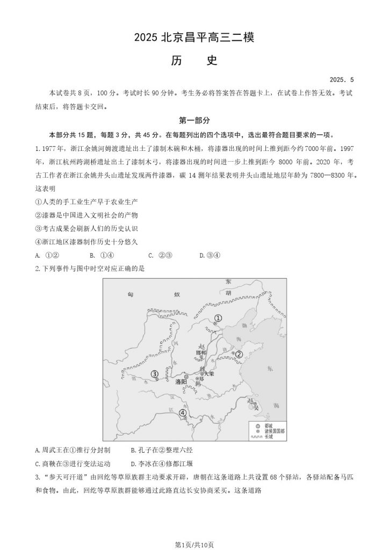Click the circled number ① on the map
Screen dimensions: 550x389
[x=218, y=319]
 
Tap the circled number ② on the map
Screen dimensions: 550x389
[x=239, y=353]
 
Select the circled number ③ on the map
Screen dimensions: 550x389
[x=155, y=374]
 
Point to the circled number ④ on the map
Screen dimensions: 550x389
[x=183, y=413]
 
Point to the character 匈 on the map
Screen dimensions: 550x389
[x=131, y=294]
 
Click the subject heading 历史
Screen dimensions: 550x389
[x=194, y=61]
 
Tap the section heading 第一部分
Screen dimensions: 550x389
[x=195, y=121]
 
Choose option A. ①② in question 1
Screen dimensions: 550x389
[x=47, y=255]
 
